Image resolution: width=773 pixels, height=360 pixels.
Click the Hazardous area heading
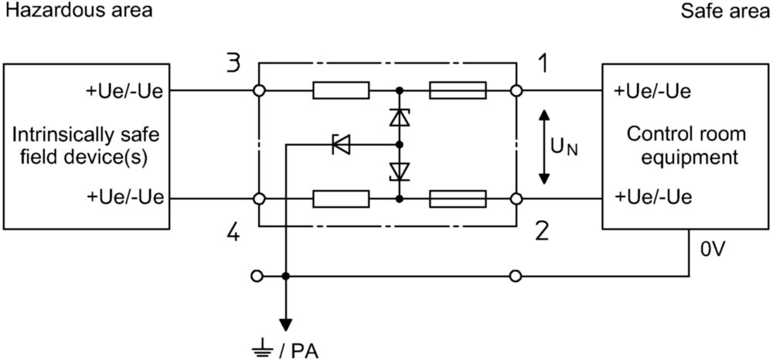pyautogui.click(x=78, y=12)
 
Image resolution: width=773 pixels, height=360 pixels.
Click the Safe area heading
pyautogui.click(x=726, y=12)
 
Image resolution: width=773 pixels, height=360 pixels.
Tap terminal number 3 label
pyautogui.click(x=233, y=65)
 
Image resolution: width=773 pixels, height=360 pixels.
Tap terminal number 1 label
pyautogui.click(x=543, y=64)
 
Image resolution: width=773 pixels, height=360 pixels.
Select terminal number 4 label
pyautogui.click(x=233, y=232)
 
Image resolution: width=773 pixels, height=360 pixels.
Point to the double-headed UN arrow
pyautogui.click(x=543, y=147)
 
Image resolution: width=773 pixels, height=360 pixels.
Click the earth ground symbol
pyautogui.click(x=262, y=352)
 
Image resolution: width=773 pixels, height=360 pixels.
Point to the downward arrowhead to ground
pyautogui.click(x=285, y=325)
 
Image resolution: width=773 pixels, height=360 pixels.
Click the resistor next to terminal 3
pyautogui.click(x=341, y=90)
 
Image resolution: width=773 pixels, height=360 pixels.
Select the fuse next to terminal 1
pyautogui.click(x=458, y=90)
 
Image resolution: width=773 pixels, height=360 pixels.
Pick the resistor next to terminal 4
pyautogui.click(x=341, y=199)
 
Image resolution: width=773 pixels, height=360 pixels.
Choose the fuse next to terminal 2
pyautogui.click(x=458, y=199)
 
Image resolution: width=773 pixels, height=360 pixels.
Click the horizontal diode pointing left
pyautogui.click(x=341, y=144)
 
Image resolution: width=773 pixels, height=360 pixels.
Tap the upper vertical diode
pyautogui.click(x=400, y=117)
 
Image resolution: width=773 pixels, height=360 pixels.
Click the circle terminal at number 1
pyautogui.click(x=516, y=90)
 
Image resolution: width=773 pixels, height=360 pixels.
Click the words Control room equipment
pyautogui.click(x=686, y=145)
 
